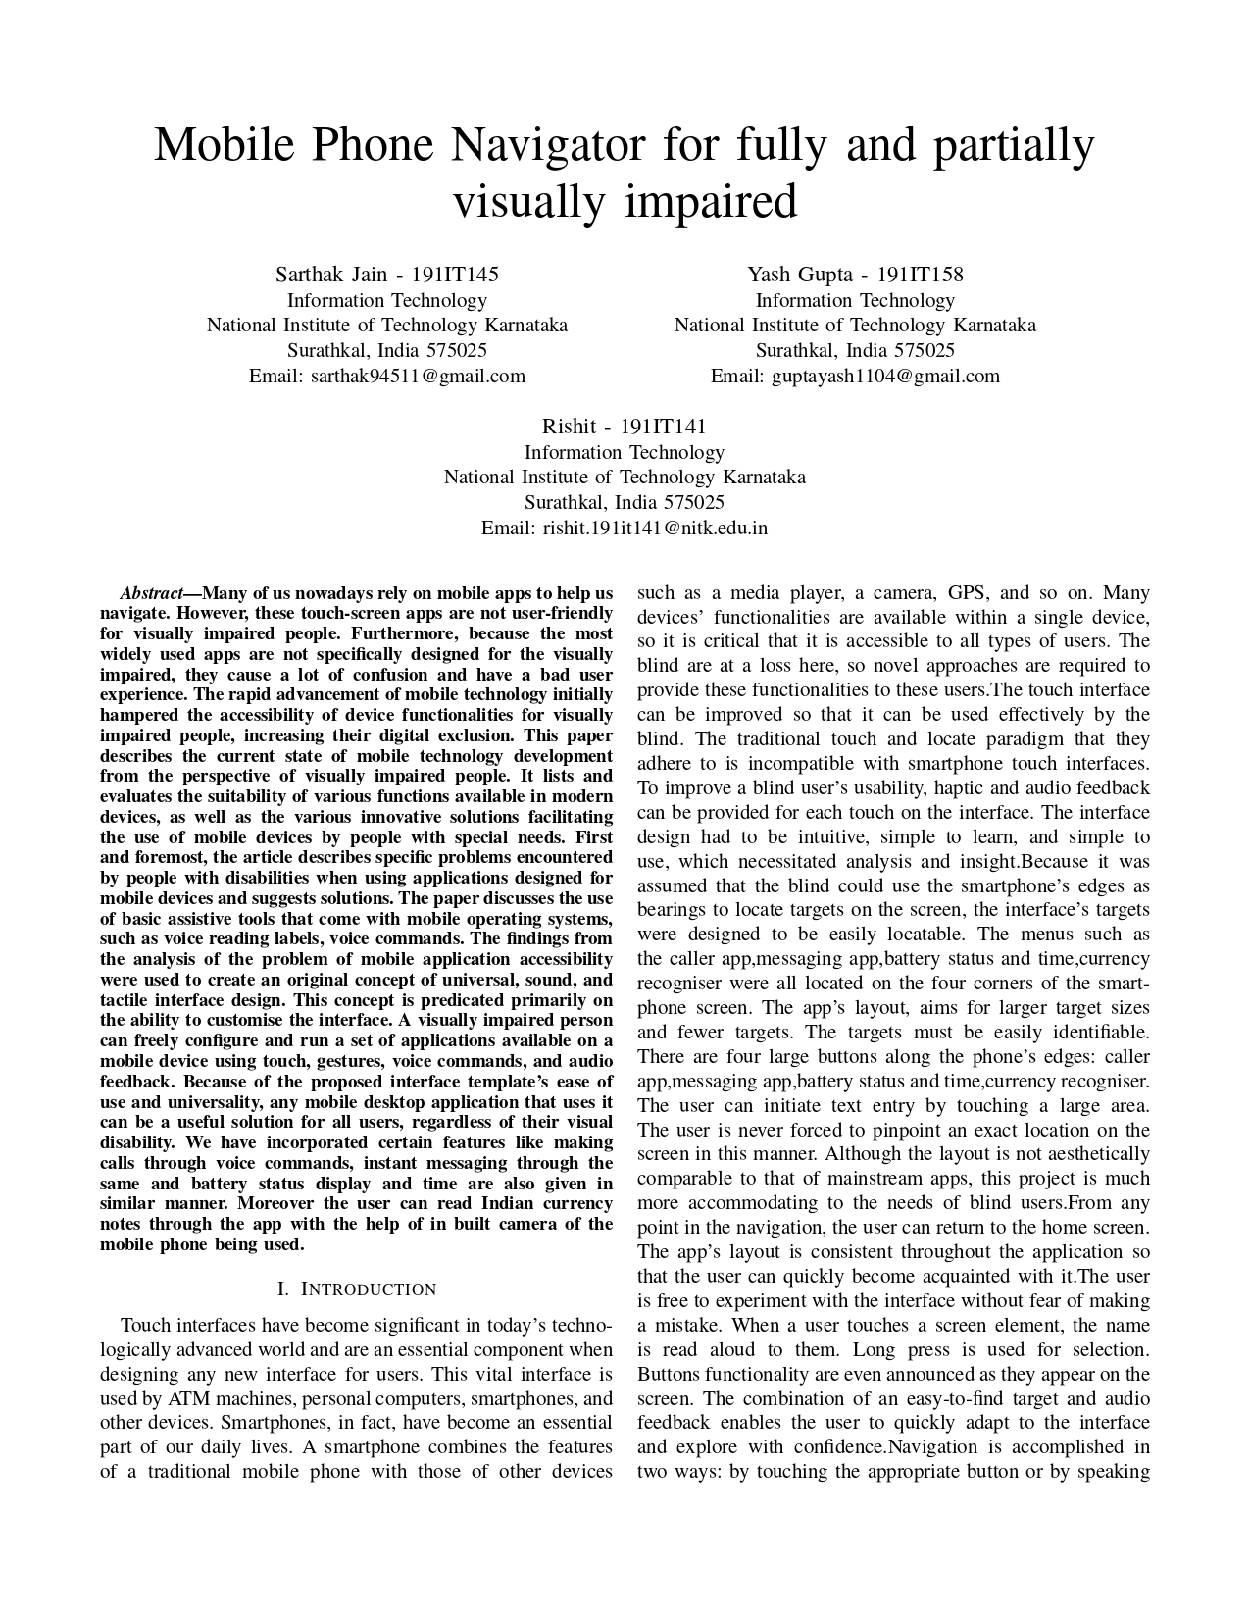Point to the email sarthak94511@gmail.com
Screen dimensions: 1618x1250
pyautogui.click(x=418, y=376)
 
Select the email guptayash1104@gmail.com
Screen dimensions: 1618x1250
pyautogui.click(x=885, y=376)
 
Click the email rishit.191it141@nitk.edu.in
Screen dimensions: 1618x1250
pyautogui.click(x=655, y=528)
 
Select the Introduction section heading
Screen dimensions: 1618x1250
pyautogui.click(x=368, y=1289)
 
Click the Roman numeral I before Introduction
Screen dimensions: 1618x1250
pyautogui.click(x=282, y=1289)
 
